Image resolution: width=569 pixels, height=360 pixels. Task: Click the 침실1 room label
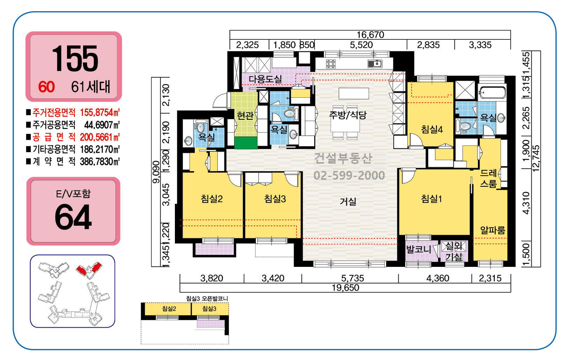click(431, 198)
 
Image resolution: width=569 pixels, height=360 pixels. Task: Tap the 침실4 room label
click(432, 129)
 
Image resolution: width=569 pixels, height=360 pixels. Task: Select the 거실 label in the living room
click(348, 201)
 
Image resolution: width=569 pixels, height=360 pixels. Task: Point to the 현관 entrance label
click(245, 115)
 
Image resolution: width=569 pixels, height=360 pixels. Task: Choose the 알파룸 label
click(493, 230)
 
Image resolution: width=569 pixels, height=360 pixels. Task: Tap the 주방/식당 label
click(348, 115)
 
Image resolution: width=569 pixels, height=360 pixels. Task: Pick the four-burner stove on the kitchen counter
click(331, 63)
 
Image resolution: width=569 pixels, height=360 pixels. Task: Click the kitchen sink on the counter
click(375, 63)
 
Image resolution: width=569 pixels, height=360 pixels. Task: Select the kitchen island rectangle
click(354, 93)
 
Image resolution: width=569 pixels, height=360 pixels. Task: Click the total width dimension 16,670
click(370, 35)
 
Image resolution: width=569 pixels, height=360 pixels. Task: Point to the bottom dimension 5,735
click(352, 278)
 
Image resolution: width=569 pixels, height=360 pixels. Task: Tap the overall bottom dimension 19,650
click(346, 288)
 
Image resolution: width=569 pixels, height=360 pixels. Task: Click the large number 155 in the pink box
click(75, 58)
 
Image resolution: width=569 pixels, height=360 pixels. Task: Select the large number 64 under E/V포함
click(73, 217)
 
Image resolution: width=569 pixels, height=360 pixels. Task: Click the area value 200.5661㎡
click(100, 137)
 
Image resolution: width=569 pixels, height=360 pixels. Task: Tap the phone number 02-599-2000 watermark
click(349, 175)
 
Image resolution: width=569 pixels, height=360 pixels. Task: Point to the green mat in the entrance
click(246, 143)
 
